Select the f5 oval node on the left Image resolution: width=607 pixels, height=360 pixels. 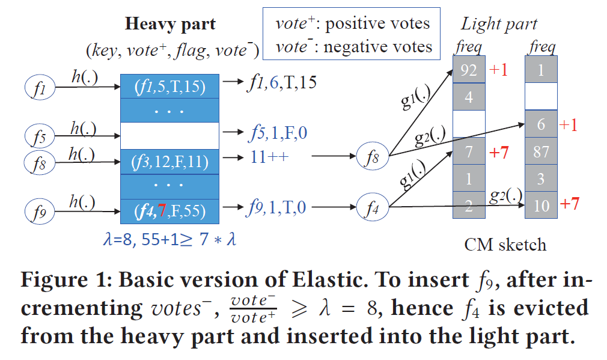point(40,135)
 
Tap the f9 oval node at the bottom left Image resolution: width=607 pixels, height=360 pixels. point(40,211)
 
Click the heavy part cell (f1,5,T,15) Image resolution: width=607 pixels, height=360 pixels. point(169,87)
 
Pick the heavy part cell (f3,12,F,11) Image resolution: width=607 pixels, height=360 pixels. point(169,162)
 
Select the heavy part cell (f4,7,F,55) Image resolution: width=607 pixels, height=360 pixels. point(169,211)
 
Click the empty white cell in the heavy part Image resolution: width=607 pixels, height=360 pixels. point(169,135)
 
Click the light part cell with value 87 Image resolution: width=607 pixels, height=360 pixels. point(541,152)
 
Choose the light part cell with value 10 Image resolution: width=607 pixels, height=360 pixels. point(541,206)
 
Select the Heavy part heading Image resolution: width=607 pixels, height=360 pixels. point(170,25)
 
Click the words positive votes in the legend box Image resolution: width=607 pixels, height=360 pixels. point(377,23)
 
